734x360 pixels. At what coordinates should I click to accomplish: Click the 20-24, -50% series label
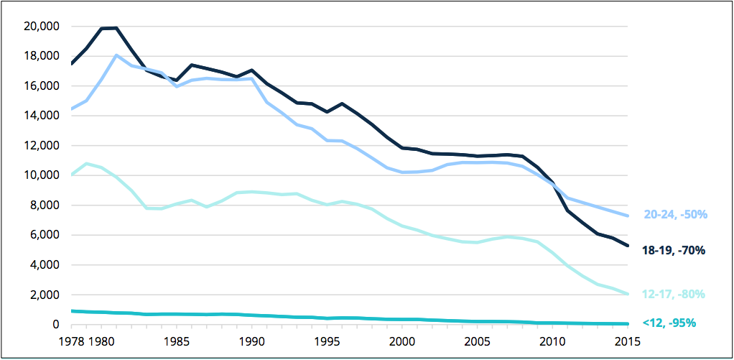(676, 215)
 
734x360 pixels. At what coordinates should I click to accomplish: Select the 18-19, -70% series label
(674, 251)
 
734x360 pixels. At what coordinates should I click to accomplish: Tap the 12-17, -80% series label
(674, 294)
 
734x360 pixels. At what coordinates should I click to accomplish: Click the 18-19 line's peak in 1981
(116, 28)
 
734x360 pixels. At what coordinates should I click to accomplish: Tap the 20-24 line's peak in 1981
(116, 55)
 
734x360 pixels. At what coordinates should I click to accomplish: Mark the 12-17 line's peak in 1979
(86, 163)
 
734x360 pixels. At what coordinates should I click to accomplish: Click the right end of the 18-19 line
(628, 245)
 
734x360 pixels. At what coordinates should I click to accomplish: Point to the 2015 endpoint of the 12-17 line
(628, 294)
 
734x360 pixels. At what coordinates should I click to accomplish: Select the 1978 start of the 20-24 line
(71, 109)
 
